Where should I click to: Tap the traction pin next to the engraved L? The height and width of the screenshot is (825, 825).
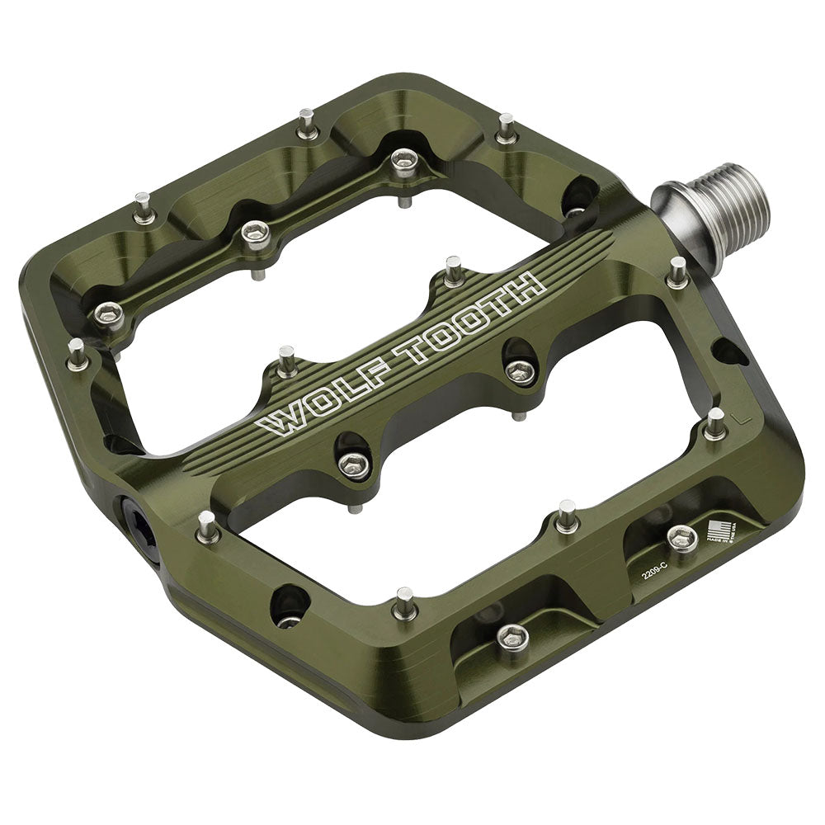tap(714, 422)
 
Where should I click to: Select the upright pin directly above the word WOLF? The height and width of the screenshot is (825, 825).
tap(287, 361)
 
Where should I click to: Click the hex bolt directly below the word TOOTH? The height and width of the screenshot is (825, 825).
tap(520, 371)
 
